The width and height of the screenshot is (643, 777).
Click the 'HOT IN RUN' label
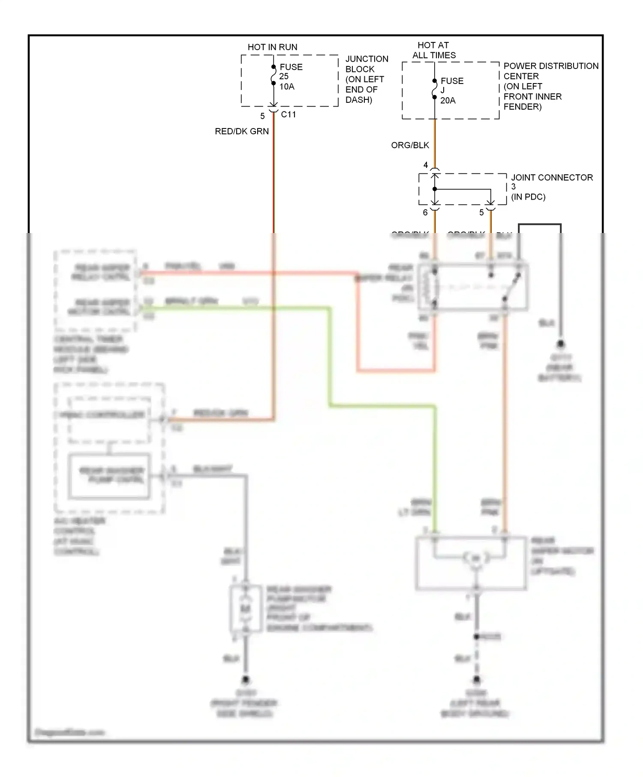pos(272,47)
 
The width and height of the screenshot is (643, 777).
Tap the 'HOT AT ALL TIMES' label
pos(434,50)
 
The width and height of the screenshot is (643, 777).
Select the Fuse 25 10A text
pos(291,77)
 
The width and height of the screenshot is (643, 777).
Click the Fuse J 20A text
pos(451,90)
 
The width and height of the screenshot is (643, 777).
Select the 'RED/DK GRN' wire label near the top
pos(242,131)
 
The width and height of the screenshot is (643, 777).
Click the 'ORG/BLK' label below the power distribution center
pos(410,145)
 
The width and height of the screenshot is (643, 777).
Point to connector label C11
pos(288,114)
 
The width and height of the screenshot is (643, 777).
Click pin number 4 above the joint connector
pos(425,165)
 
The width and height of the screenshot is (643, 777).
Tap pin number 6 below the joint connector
pos(425,212)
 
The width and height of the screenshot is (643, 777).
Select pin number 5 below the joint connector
pos(481,212)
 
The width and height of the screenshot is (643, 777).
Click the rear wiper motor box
pos(471,562)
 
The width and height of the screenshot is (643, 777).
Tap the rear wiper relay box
pos(473,287)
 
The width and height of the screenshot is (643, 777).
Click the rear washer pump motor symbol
pos(245,608)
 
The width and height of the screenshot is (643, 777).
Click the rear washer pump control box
pos(110,476)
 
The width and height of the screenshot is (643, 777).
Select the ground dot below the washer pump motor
pos(246,680)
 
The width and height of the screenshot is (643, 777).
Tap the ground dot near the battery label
pos(560,344)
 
